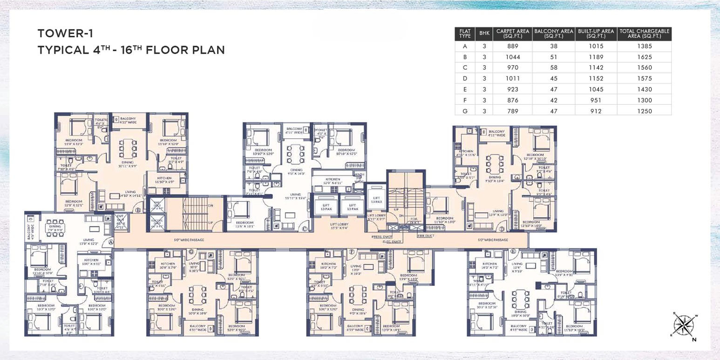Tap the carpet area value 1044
pos(512,57)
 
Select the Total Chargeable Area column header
pos(644,34)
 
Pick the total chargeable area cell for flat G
pos(644,111)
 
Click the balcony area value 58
pos(553,68)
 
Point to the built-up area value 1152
pos(596,78)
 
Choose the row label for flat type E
pos(464,89)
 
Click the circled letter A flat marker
pos(111,242)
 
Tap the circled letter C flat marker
pos(305,229)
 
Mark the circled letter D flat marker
pos(502,229)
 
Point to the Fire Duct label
pos(425,236)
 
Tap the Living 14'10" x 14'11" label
pos(130,193)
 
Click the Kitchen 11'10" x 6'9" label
pos(164,180)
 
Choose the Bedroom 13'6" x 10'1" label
pos(244,224)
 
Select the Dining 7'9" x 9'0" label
pos(55,228)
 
